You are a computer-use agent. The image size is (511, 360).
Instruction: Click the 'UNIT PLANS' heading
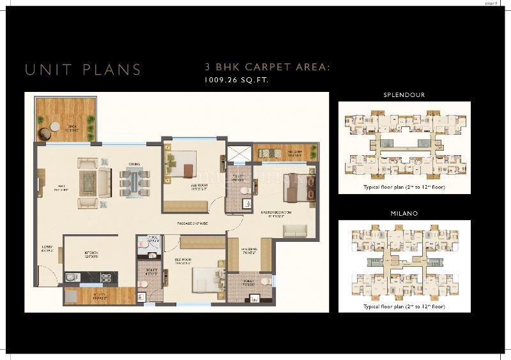point(83,70)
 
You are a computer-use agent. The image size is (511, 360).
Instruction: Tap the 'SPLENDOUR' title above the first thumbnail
point(404,95)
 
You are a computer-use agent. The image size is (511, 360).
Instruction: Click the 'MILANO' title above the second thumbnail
point(404,214)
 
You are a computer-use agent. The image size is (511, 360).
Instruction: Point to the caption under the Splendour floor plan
point(404,188)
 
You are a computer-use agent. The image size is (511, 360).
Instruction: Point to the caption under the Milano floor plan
point(404,307)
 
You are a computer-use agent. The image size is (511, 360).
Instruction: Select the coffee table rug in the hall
point(88,183)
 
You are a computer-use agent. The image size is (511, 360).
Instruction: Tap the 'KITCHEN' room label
point(90,253)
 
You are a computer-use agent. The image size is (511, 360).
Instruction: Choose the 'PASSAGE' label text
point(192,223)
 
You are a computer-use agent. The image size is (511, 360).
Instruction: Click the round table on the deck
point(55,126)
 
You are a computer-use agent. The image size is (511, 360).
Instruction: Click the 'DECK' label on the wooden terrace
point(73,127)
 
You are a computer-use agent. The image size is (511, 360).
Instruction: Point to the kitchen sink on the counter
point(72,277)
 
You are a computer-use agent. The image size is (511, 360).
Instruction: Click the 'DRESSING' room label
point(249,250)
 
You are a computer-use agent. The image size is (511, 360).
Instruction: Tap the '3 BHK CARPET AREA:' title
point(267,66)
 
